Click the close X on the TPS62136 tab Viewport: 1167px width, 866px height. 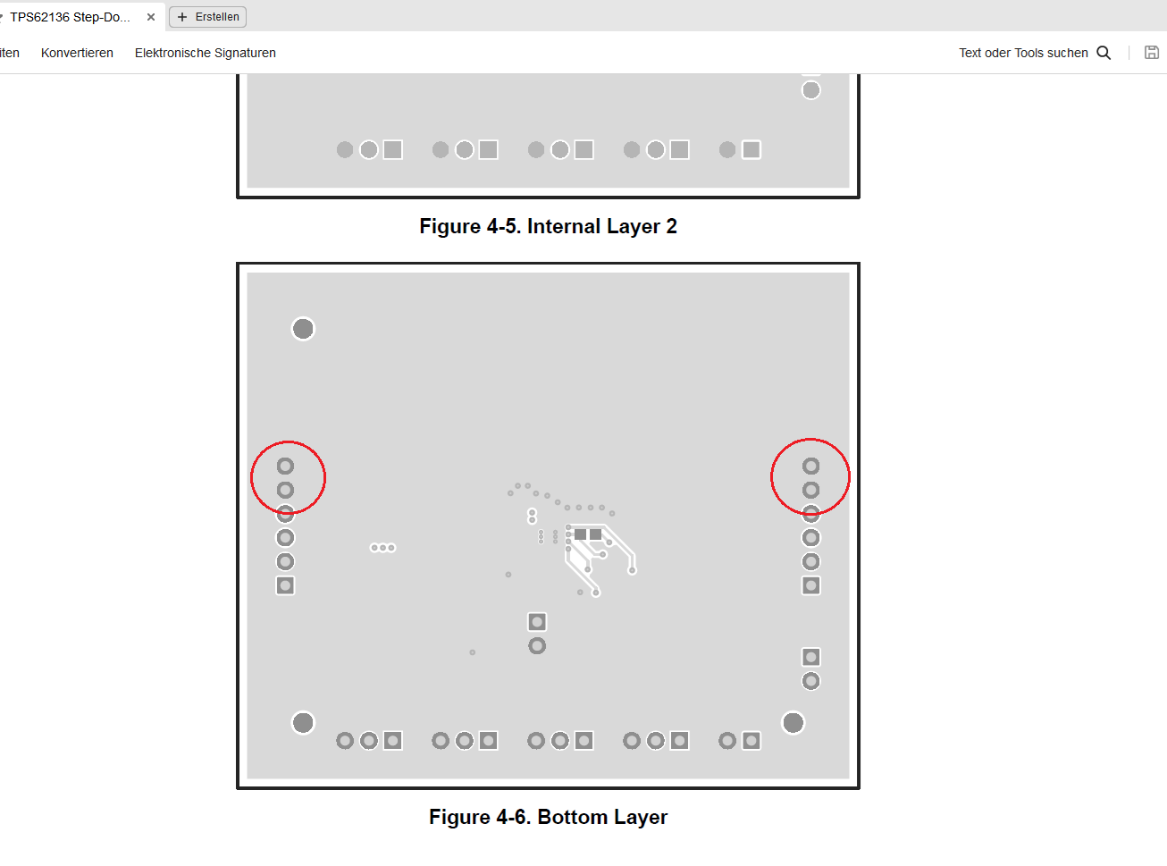click(151, 17)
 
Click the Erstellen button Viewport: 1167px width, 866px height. click(208, 17)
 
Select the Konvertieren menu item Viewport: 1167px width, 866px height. click(78, 53)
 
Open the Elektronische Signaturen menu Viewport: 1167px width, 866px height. click(206, 53)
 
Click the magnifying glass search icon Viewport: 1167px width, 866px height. click(1104, 53)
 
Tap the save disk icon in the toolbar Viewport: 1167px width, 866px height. click(1152, 53)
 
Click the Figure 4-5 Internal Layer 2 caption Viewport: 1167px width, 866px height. click(549, 226)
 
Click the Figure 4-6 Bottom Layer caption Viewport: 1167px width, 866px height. click(549, 817)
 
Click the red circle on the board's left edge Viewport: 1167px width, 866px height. click(251, 477)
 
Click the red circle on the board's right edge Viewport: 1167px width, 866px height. click(771, 476)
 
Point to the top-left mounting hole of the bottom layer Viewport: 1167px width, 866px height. click(303, 329)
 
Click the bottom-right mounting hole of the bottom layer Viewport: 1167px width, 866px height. click(793, 723)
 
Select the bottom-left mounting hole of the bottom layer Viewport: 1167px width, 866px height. click(303, 723)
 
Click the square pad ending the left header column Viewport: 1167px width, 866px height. click(285, 585)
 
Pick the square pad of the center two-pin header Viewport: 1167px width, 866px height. click(537, 622)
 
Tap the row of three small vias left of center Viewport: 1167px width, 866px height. click(383, 548)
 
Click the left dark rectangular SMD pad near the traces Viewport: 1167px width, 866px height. click(580, 534)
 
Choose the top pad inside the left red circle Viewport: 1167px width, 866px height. click(285, 466)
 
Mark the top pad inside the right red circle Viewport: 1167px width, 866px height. click(810, 466)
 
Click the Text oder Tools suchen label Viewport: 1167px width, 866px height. click(1023, 53)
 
